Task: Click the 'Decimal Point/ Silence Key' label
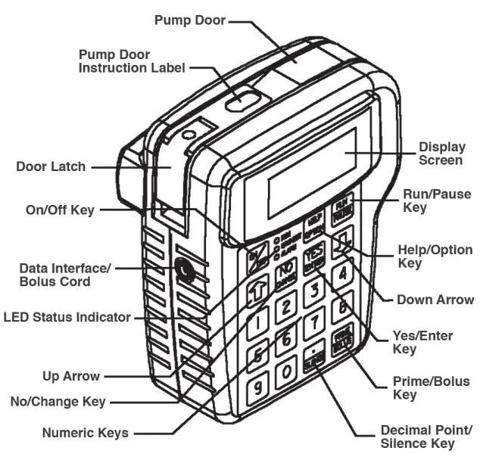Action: tap(421, 437)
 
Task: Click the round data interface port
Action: tap(182, 269)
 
